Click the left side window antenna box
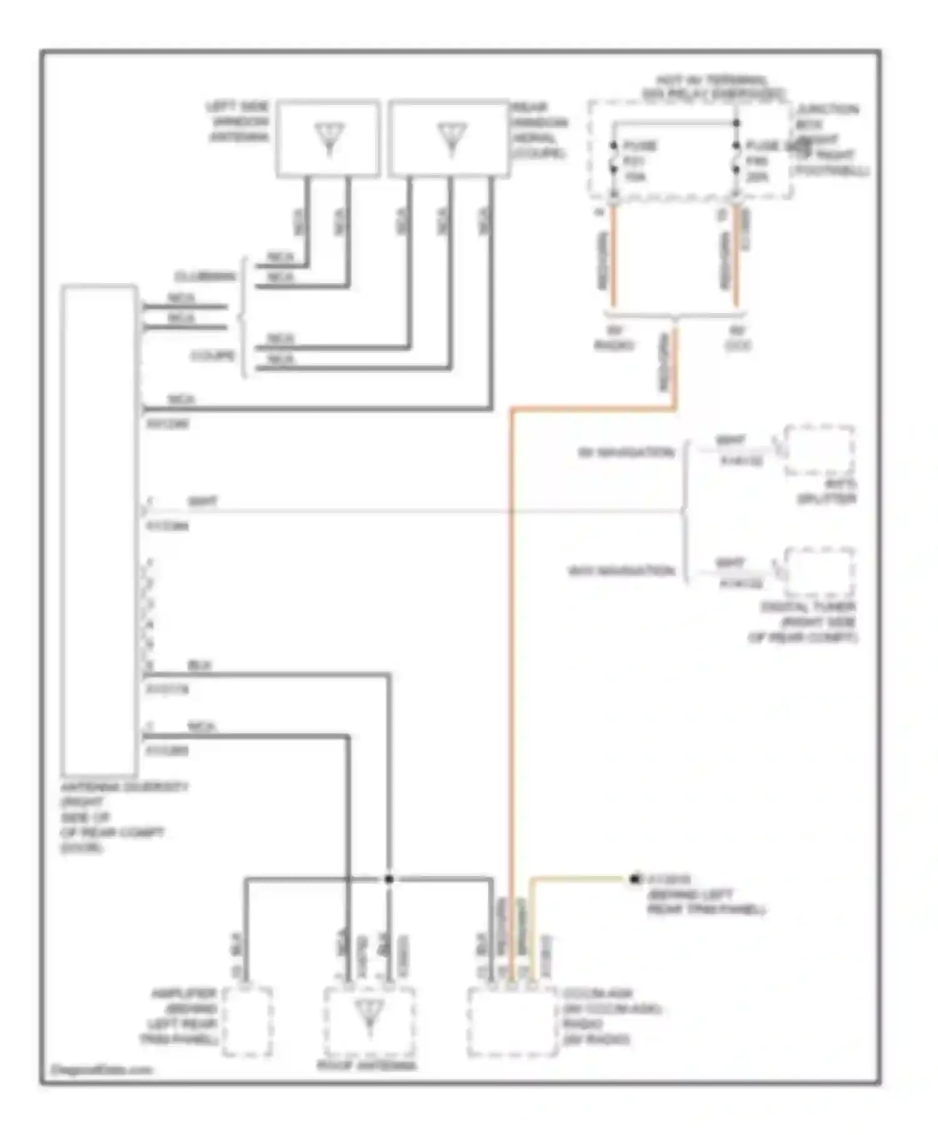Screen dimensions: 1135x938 tap(328, 138)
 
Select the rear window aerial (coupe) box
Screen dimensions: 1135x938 tap(448, 138)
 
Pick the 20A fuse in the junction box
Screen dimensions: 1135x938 tap(758, 161)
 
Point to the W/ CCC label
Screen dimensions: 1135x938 tap(738, 338)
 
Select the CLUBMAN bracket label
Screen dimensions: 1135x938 tap(205, 277)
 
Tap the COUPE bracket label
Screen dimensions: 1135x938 tap(213, 356)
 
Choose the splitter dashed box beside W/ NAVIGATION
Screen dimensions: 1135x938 tap(819, 450)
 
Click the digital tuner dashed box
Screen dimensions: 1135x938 tap(819, 573)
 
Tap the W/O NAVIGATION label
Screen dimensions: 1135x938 tap(621, 571)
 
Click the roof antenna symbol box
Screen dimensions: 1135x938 tap(368, 1022)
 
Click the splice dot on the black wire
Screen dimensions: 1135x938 tap(388, 879)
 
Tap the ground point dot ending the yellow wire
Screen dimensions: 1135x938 tap(634, 879)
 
